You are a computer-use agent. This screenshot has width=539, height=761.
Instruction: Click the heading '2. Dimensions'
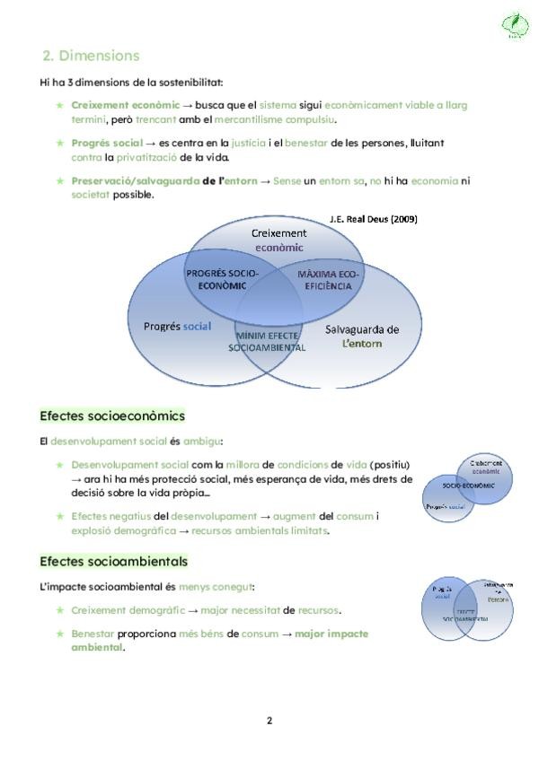tap(91, 56)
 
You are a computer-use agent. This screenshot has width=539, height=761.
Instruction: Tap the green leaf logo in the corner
tap(514, 27)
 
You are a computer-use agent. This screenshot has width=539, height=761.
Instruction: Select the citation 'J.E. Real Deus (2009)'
tap(373, 218)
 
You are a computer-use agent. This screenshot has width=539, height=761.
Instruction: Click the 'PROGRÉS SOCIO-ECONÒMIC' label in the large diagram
tap(222, 278)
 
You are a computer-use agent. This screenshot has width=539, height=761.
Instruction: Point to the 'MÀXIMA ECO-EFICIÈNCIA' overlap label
tap(325, 278)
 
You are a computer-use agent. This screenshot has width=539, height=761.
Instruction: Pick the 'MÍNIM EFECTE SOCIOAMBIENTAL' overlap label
tap(267, 341)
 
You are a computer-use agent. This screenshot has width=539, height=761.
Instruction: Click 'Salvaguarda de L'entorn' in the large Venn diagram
tap(362, 336)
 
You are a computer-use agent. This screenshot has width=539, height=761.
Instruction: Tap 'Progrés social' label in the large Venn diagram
tap(177, 326)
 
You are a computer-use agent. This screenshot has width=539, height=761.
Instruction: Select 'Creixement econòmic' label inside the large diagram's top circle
tap(278, 240)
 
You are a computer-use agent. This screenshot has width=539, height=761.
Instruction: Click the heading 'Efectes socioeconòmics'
tap(112, 416)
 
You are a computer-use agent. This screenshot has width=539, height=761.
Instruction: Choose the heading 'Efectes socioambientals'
tap(114, 562)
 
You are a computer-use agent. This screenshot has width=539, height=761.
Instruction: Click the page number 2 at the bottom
tap(269, 720)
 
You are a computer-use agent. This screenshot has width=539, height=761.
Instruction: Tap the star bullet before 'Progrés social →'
tap(60, 143)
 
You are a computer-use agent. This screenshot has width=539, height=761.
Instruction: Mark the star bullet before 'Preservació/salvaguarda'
tap(60, 180)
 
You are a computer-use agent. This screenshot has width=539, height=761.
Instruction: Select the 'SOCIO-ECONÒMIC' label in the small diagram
tap(469, 485)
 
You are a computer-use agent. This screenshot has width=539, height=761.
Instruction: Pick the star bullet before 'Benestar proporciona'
tap(60, 634)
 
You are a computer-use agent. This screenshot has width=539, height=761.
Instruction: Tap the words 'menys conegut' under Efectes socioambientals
tap(227, 587)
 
